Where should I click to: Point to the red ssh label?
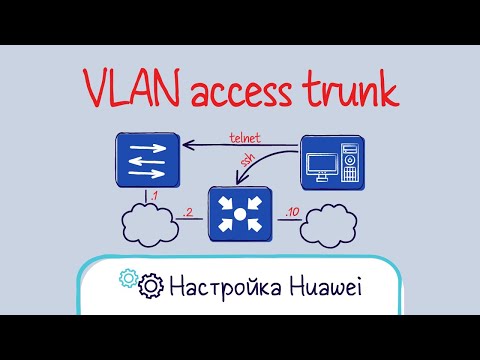pos(243,163)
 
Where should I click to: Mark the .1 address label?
pos(153,194)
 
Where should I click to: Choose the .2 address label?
pos(189,211)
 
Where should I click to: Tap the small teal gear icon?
pos(127,277)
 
